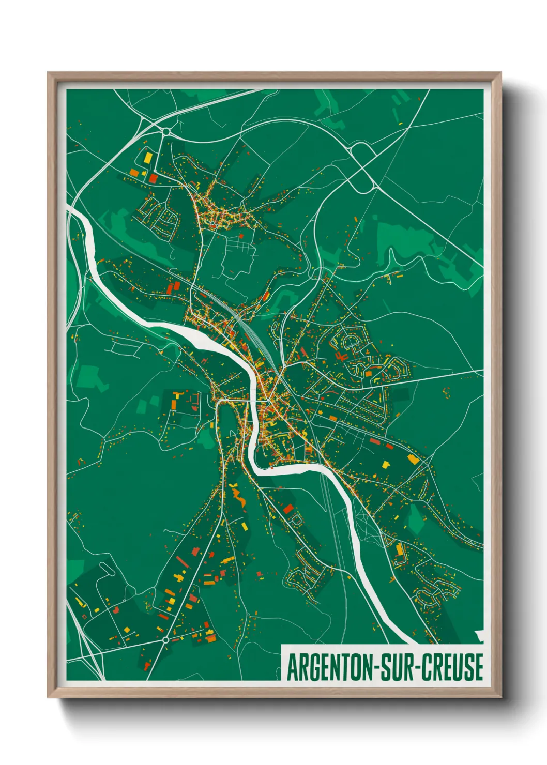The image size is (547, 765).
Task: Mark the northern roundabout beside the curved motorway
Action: [x=165, y=132]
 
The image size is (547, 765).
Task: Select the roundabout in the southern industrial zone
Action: [x=165, y=640]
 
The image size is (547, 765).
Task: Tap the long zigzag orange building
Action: [x=238, y=497]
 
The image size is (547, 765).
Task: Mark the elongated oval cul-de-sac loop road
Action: [x=351, y=341]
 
